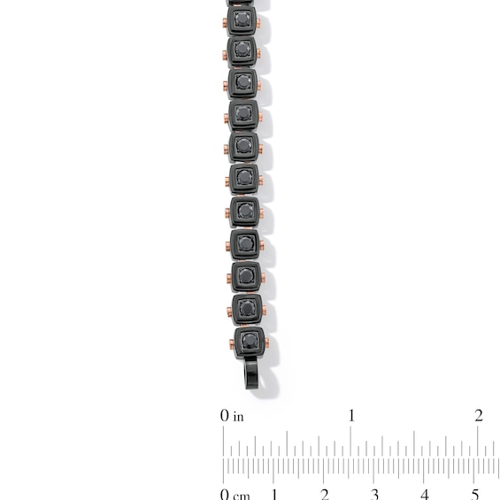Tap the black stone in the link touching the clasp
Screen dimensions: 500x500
pos(249,341)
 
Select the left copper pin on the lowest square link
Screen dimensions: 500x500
pos(232,344)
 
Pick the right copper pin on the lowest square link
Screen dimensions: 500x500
pos(267,342)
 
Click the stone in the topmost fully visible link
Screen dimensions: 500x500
pos(242,19)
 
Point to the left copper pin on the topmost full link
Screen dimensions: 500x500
pos(225,23)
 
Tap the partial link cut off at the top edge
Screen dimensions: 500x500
pos(240,3)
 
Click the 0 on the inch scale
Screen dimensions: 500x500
pos(225,416)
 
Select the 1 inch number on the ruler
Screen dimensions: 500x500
pos(351,415)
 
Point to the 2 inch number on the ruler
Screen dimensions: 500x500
pos(478,415)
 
